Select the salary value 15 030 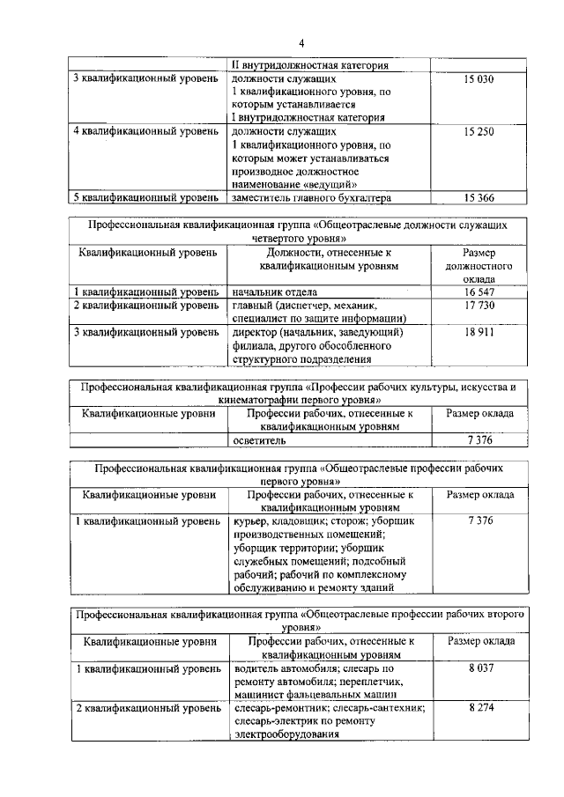pos(479,80)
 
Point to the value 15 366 pos(479,197)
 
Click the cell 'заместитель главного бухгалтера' pos(310,197)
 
